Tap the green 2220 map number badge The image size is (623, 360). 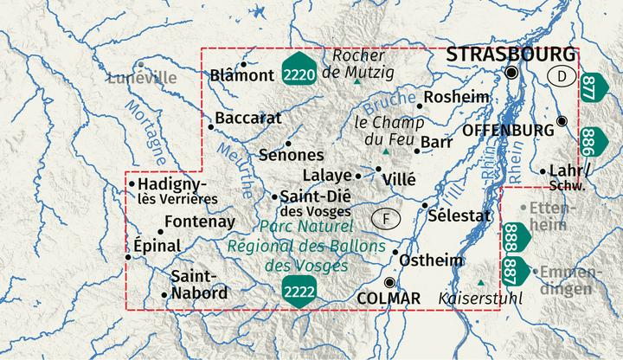[x=299, y=76]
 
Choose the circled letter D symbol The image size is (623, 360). [x=562, y=77]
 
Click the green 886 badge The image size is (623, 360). [x=592, y=138]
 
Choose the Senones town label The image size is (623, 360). [x=291, y=156]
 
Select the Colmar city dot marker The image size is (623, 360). [x=390, y=283]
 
